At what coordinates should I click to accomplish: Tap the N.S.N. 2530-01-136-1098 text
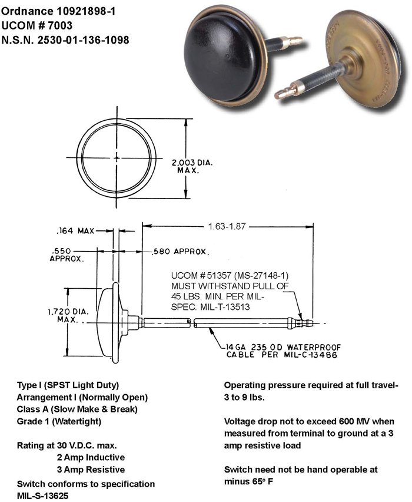[x=65, y=40]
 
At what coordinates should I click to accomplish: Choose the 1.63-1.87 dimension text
[x=227, y=226]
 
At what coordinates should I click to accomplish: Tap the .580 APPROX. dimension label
[x=180, y=252]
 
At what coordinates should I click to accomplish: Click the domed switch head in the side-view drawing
[x=109, y=323]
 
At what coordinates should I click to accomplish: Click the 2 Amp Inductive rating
[x=91, y=457]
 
